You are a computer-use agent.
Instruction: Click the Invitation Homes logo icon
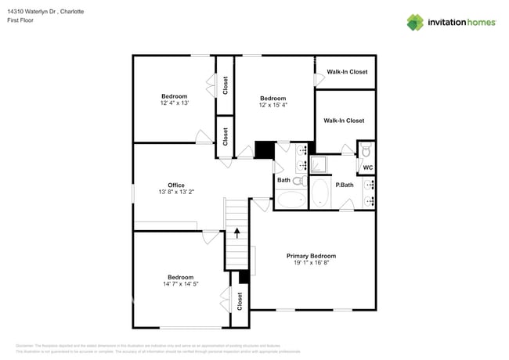click(415, 22)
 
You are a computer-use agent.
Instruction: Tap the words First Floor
click(21, 21)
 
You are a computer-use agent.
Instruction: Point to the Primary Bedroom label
click(311, 256)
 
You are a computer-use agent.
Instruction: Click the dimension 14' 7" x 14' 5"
click(180, 284)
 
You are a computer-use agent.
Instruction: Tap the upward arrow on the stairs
click(236, 233)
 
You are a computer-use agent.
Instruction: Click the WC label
click(367, 167)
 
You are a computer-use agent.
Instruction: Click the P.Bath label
click(345, 185)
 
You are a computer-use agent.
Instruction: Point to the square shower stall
click(319, 165)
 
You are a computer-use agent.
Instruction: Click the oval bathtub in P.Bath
click(319, 193)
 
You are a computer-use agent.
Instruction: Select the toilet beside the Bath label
click(298, 180)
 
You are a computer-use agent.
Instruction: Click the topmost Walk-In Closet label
click(346, 72)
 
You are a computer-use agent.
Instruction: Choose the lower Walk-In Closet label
click(344, 121)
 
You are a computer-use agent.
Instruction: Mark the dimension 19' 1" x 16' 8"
click(311, 264)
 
